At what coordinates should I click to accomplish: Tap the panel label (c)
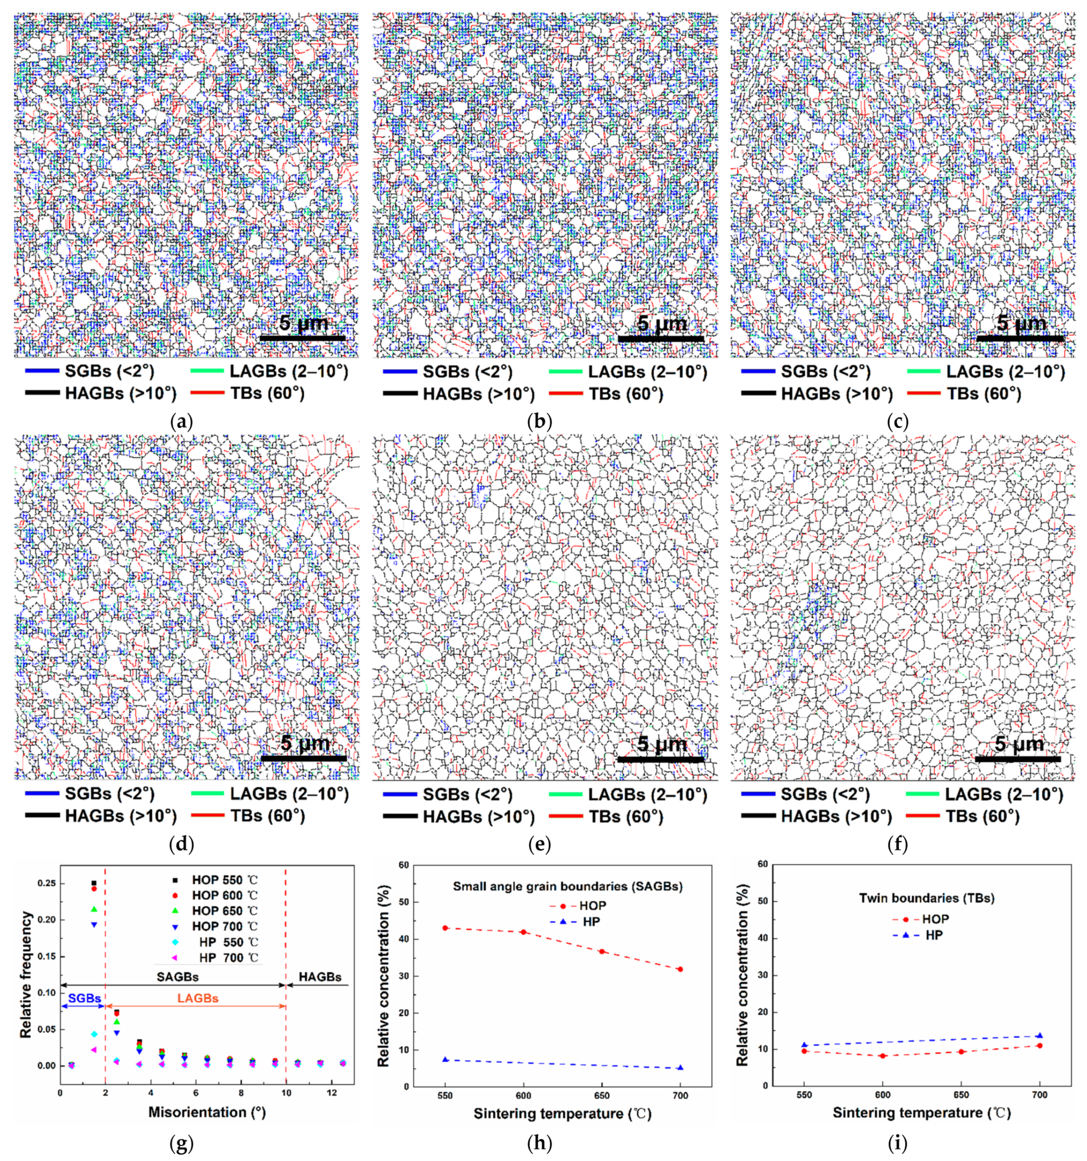pos(897,421)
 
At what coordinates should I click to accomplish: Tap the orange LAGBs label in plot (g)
pos(198,998)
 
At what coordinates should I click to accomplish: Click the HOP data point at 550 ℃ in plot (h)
pos(445,927)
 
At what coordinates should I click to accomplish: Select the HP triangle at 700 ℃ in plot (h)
pos(680,1084)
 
